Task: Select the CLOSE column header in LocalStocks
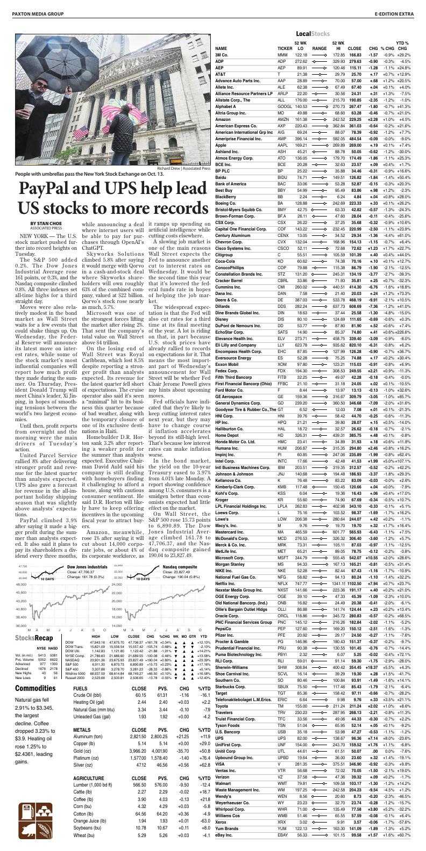354,48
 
